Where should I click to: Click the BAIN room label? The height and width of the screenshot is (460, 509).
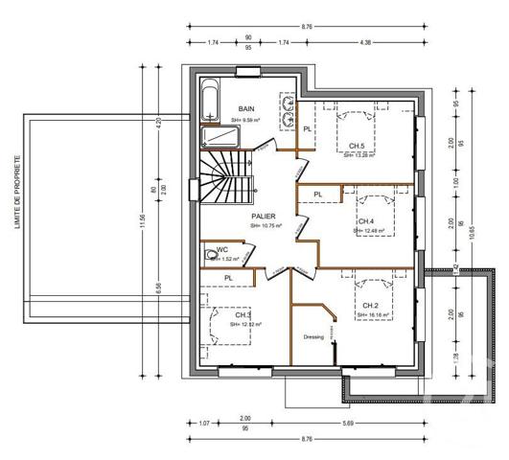pyautogui.click(x=247, y=109)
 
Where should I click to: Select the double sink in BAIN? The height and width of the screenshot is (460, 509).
pyautogui.click(x=287, y=112)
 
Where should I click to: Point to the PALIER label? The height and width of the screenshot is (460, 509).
pyautogui.click(x=265, y=217)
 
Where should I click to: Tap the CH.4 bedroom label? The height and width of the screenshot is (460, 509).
pyautogui.click(x=367, y=220)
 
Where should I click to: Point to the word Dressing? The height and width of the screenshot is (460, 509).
pyautogui.click(x=313, y=337)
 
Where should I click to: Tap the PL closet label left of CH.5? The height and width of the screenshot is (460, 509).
pyautogui.click(x=308, y=128)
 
